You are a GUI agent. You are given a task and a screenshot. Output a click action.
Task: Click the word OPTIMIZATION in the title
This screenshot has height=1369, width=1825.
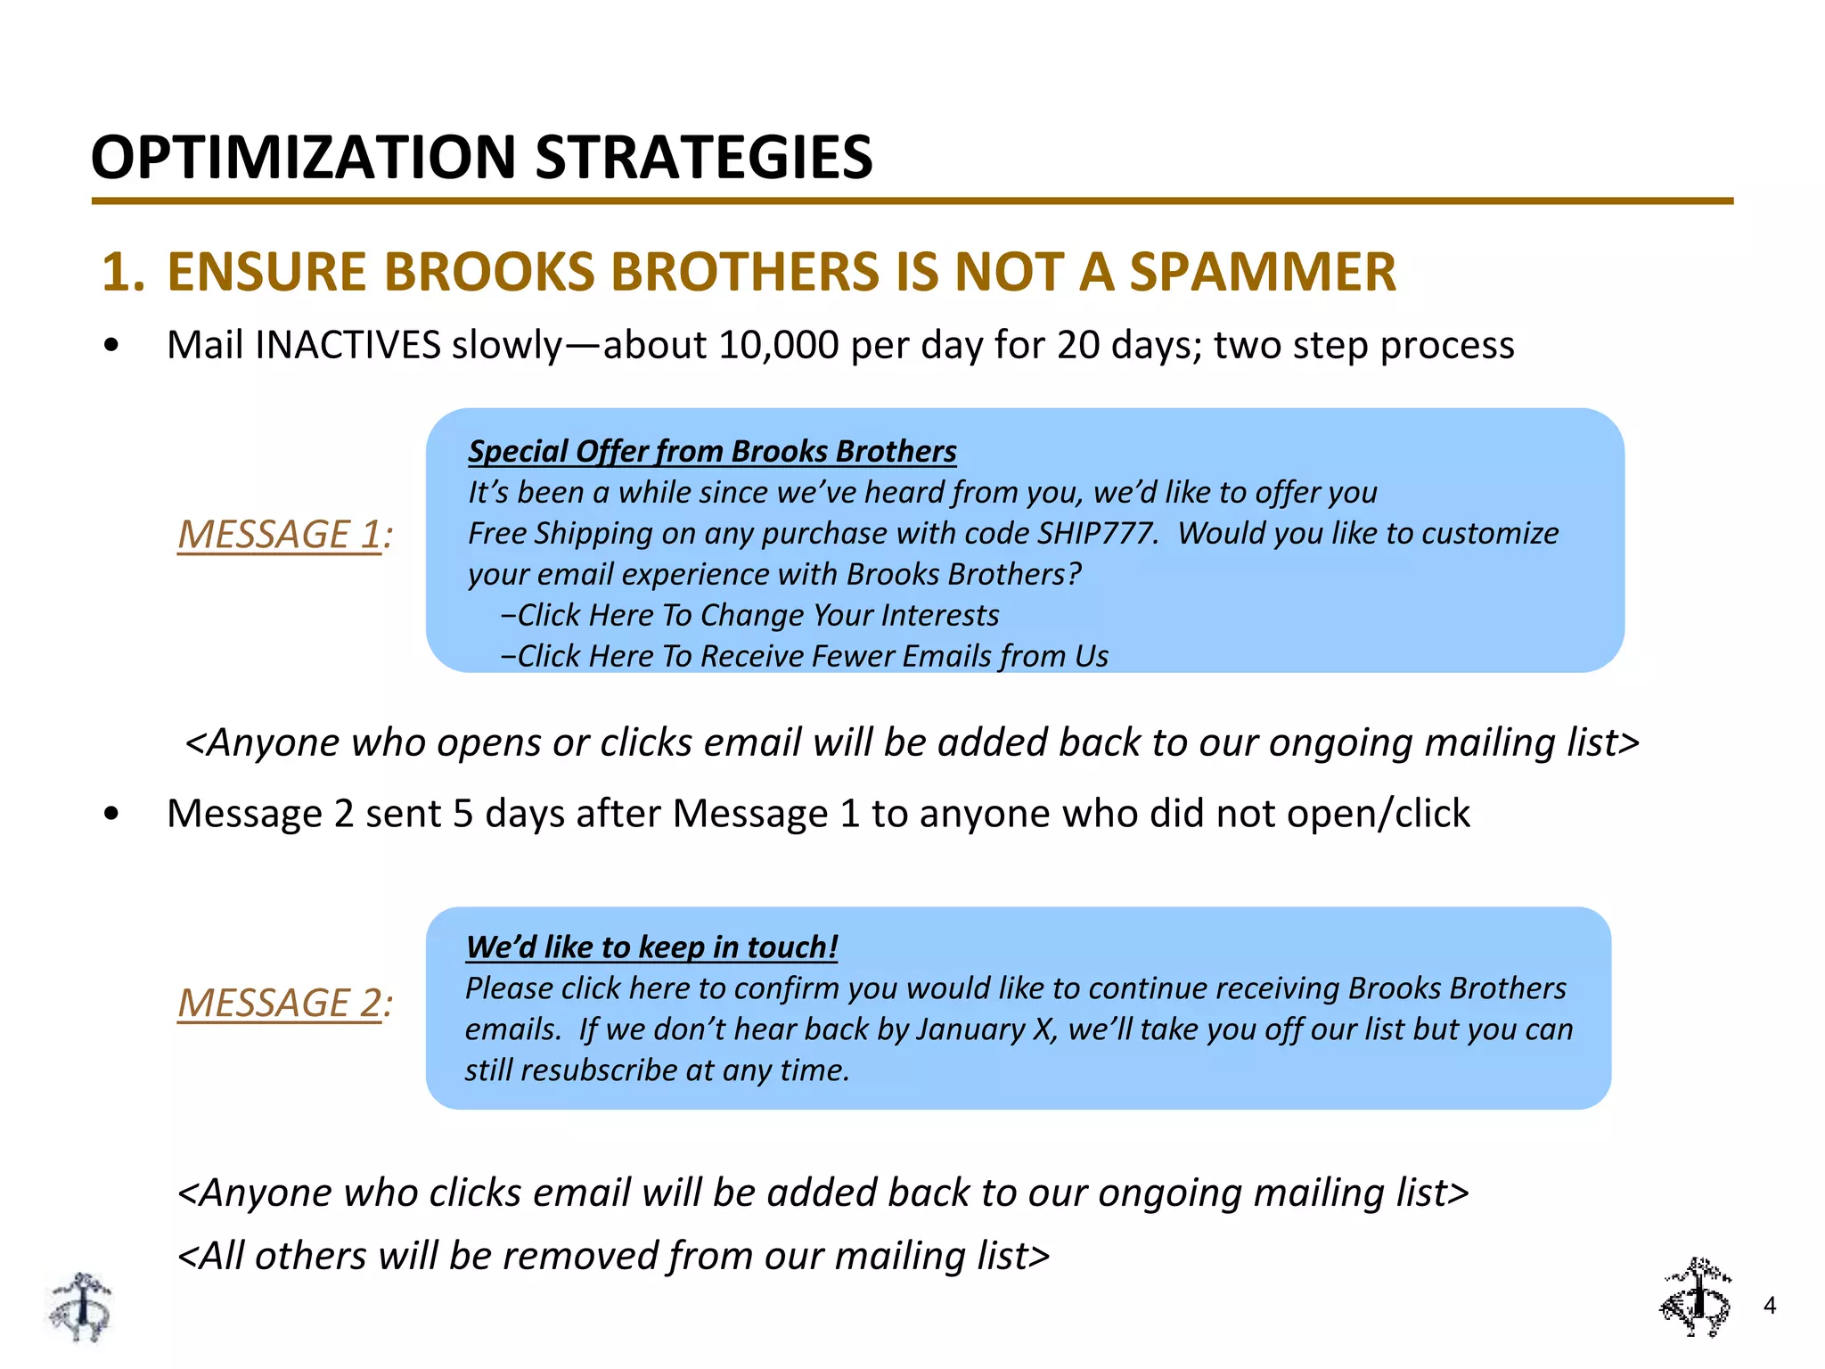303,157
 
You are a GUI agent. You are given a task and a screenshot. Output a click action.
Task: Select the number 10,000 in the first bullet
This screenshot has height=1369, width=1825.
778,345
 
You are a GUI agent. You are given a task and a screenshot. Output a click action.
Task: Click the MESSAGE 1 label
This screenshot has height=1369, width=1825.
283,535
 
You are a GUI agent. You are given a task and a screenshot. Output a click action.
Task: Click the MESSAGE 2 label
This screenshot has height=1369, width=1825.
283,1004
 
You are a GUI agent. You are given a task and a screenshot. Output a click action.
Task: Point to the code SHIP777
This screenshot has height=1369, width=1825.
1098,533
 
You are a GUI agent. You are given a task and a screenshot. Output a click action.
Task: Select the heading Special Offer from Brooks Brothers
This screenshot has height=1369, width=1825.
712,451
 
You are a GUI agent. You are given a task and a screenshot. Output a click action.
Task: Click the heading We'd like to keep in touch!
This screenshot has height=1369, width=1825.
651,947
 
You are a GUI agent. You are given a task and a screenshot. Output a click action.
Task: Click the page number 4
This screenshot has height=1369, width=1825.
1769,1306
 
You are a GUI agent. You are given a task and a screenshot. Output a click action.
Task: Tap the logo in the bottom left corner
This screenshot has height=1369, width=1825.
81,1307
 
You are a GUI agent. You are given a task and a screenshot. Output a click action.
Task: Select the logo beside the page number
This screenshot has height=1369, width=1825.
1696,1298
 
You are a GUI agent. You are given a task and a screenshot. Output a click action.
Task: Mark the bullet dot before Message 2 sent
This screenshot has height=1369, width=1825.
110,814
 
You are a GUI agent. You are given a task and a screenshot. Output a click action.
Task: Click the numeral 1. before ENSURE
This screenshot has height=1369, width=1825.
123,272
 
